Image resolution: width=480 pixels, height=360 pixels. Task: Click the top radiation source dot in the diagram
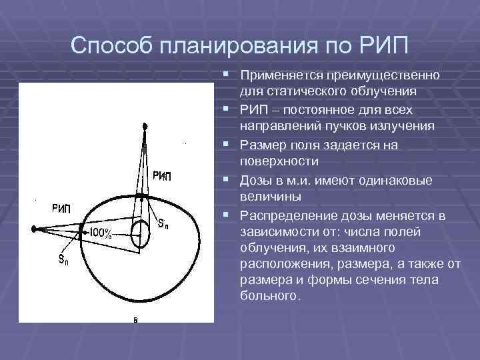click(144, 125)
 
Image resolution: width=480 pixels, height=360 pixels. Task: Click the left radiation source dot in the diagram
click(33, 229)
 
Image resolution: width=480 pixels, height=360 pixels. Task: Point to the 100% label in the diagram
click(99, 233)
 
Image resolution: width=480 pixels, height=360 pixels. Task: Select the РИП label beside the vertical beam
click(162, 176)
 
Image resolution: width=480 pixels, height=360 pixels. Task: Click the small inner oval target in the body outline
click(140, 233)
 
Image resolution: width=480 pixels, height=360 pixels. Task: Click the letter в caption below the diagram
click(135, 320)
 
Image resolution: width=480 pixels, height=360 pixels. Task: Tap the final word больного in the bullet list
click(269, 295)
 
